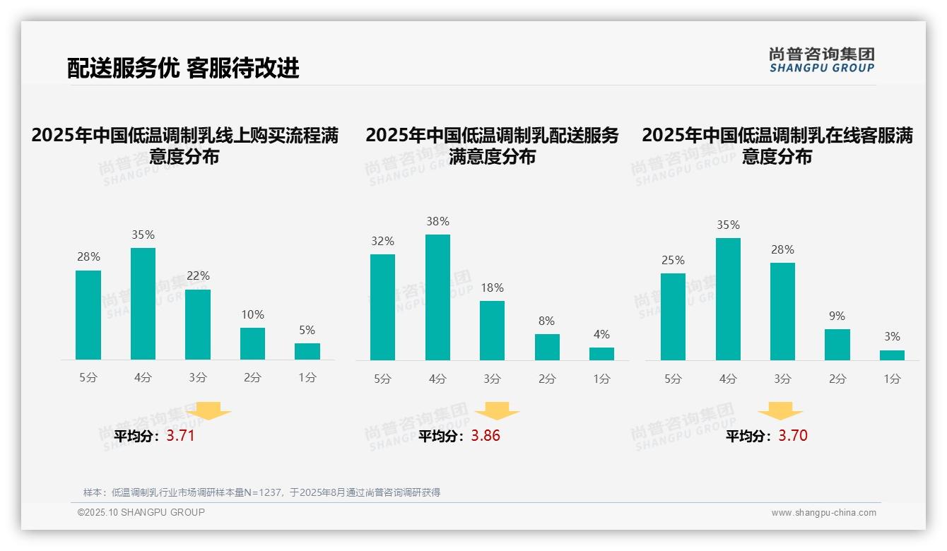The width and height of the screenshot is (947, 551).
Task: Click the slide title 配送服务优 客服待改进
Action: point(183,68)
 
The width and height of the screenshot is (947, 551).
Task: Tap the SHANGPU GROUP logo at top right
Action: point(821,60)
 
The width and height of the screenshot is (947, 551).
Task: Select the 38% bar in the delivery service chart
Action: point(437,297)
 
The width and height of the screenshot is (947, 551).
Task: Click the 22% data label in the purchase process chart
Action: point(198,275)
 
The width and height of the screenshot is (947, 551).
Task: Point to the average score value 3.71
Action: point(180,436)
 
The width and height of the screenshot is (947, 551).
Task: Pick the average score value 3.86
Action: point(486,436)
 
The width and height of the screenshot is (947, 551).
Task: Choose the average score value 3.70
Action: point(793,436)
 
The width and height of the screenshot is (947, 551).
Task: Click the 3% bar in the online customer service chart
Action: point(892,355)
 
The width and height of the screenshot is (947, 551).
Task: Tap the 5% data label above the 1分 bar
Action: point(307,330)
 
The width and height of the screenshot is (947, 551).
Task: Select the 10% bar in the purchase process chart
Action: point(252,344)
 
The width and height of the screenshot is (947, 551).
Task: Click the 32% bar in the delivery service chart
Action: point(382,307)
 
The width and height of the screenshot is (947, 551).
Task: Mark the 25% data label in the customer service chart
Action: point(673,260)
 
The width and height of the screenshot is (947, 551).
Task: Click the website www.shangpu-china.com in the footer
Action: point(823,513)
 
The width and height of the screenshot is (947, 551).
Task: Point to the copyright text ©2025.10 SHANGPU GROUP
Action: point(141,512)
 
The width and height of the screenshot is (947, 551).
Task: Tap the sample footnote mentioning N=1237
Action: point(261,492)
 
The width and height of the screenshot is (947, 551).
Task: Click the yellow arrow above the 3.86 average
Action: point(497,411)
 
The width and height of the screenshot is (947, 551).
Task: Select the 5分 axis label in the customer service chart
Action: point(673,379)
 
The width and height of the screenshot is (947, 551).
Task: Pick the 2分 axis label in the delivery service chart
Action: point(547,379)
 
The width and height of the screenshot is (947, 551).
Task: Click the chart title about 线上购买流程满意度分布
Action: point(184,146)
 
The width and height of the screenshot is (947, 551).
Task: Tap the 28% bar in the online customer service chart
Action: point(782,312)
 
